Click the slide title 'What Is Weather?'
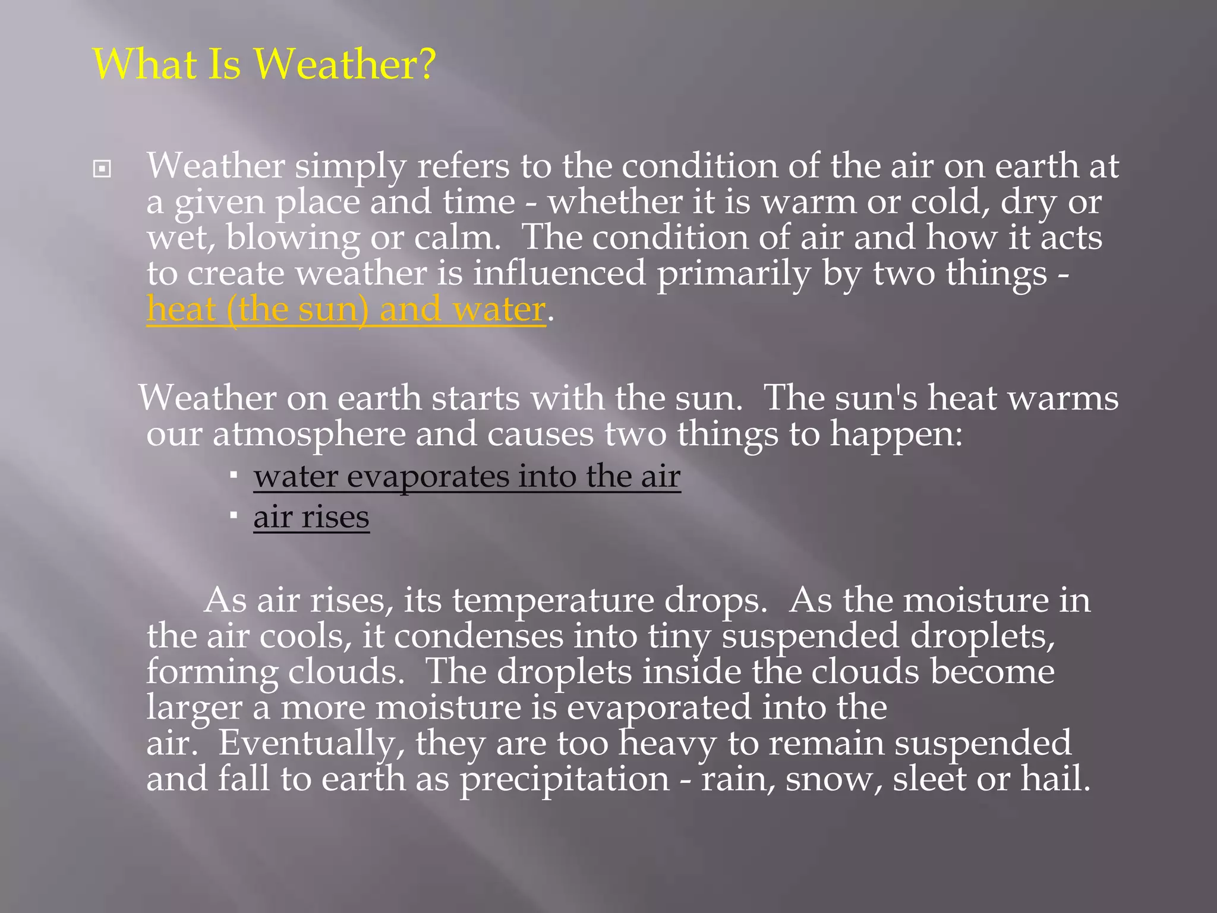(x=264, y=64)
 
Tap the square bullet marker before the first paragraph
(x=102, y=169)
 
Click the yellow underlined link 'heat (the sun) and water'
(x=346, y=310)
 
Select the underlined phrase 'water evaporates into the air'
(x=467, y=477)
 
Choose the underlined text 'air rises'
(x=311, y=517)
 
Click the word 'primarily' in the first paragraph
(x=733, y=274)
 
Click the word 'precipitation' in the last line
(x=565, y=779)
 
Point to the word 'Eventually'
(x=311, y=744)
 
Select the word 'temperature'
(x=553, y=601)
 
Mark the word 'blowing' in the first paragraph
(x=293, y=238)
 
